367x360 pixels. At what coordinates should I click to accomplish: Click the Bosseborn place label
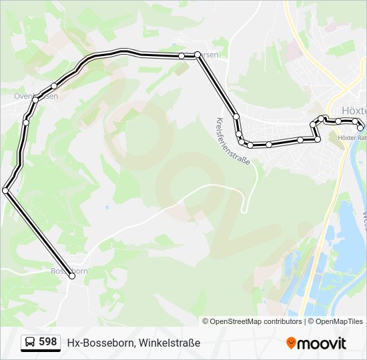pyautogui.click(x=69, y=271)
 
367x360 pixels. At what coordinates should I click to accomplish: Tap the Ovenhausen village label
pyautogui.click(x=35, y=96)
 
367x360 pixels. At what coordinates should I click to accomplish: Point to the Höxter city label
pyautogui.click(x=353, y=110)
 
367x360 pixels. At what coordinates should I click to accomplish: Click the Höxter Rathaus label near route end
pyautogui.click(x=352, y=138)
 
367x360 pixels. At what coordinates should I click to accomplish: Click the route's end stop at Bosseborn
pyautogui.click(x=72, y=276)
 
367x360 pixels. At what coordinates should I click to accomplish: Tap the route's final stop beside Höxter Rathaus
pyautogui.click(x=361, y=127)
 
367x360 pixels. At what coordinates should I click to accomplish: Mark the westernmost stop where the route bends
pyautogui.click(x=5, y=191)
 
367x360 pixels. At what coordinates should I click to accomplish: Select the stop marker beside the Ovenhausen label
pyautogui.click(x=54, y=85)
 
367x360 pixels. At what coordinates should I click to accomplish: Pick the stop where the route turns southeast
pyautogui.click(x=198, y=55)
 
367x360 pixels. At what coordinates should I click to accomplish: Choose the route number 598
pyautogui.click(x=48, y=342)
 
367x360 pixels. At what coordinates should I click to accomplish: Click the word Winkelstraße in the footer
pyautogui.click(x=169, y=343)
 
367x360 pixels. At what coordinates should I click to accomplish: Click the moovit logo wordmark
pyautogui.click(x=322, y=343)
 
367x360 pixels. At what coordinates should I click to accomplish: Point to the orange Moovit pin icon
pyautogui.click(x=291, y=343)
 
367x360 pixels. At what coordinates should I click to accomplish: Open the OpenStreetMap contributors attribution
pyautogui.click(x=256, y=321)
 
